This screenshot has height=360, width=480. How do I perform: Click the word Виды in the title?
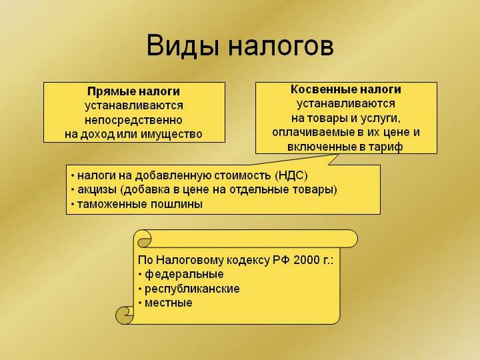pyautogui.click(x=183, y=45)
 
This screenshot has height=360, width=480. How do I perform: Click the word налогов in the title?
pyautogui.click(x=280, y=47)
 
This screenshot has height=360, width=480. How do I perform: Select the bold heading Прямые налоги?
pyautogui.click(x=134, y=91)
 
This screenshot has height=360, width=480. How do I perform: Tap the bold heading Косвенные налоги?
pyautogui.click(x=346, y=89)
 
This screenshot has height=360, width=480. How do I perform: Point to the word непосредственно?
pyautogui.click(x=134, y=120)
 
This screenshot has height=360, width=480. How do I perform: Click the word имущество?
pyautogui.click(x=171, y=134)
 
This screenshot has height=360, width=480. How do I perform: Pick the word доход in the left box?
pyautogui.click(x=97, y=134)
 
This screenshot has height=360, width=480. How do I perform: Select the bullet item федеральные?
pyautogui.click(x=184, y=274)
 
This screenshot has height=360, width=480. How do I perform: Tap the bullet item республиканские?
pyautogui.click(x=192, y=289)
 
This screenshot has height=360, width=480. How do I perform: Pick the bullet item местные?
pyautogui.click(x=169, y=303)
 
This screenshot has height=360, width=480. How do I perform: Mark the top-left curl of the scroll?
pyautogui.click(x=143, y=239)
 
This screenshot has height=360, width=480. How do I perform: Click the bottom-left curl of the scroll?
pyautogui.click(x=125, y=315)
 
